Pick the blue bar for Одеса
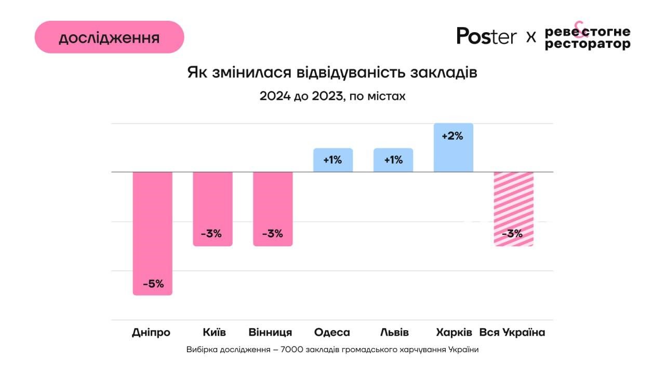(x=333, y=160)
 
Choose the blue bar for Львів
(x=393, y=160)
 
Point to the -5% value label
(x=153, y=284)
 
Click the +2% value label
(x=452, y=137)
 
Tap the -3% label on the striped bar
(x=512, y=234)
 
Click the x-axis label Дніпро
(x=151, y=332)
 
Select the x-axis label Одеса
(x=332, y=332)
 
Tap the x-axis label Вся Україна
(x=512, y=332)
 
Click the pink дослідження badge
(x=109, y=37)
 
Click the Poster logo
(x=486, y=36)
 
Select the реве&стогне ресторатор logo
(x=588, y=36)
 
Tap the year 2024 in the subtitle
(x=275, y=96)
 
